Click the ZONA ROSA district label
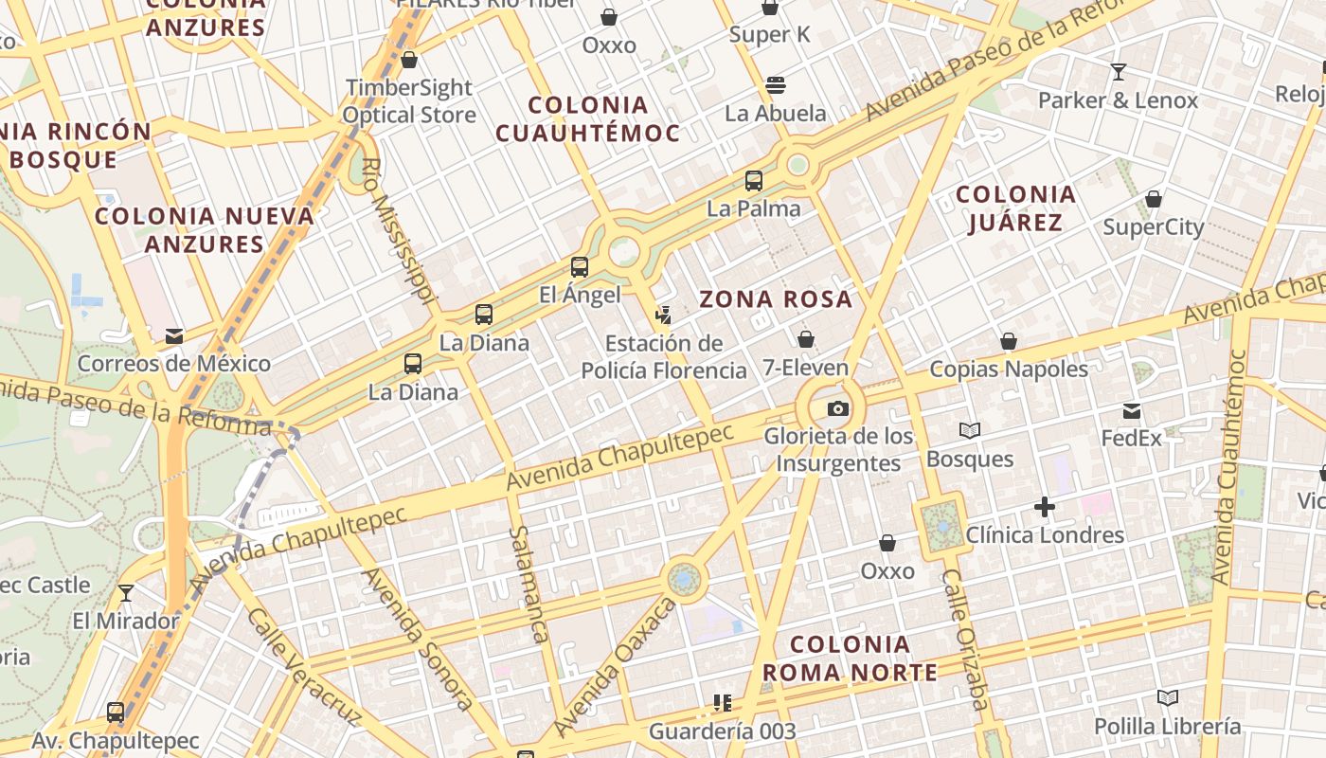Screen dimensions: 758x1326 (776, 300)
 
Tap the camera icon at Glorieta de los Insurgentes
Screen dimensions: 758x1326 (838, 409)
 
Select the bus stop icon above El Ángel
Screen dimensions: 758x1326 (580, 267)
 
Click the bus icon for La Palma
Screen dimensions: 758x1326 (754, 181)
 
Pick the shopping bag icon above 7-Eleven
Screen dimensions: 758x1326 (806, 339)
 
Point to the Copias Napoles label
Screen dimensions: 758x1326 (1009, 369)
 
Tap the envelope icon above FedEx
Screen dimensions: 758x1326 (1132, 411)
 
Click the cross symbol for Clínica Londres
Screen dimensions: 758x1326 (1045, 507)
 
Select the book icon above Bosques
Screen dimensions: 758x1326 (970, 431)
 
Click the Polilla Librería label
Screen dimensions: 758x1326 (1167, 727)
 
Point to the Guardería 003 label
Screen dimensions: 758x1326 (722, 731)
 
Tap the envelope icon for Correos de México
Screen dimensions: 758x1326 (174, 336)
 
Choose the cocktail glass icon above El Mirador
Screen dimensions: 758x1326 (126, 593)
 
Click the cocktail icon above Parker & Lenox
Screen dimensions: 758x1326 (1119, 72)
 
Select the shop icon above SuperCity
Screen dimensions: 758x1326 (1154, 199)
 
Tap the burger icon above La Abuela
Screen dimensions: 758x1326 (776, 85)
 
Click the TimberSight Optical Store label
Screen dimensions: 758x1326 (408, 101)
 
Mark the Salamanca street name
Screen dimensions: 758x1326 (529, 584)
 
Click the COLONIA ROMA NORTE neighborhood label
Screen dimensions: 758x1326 (850, 659)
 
